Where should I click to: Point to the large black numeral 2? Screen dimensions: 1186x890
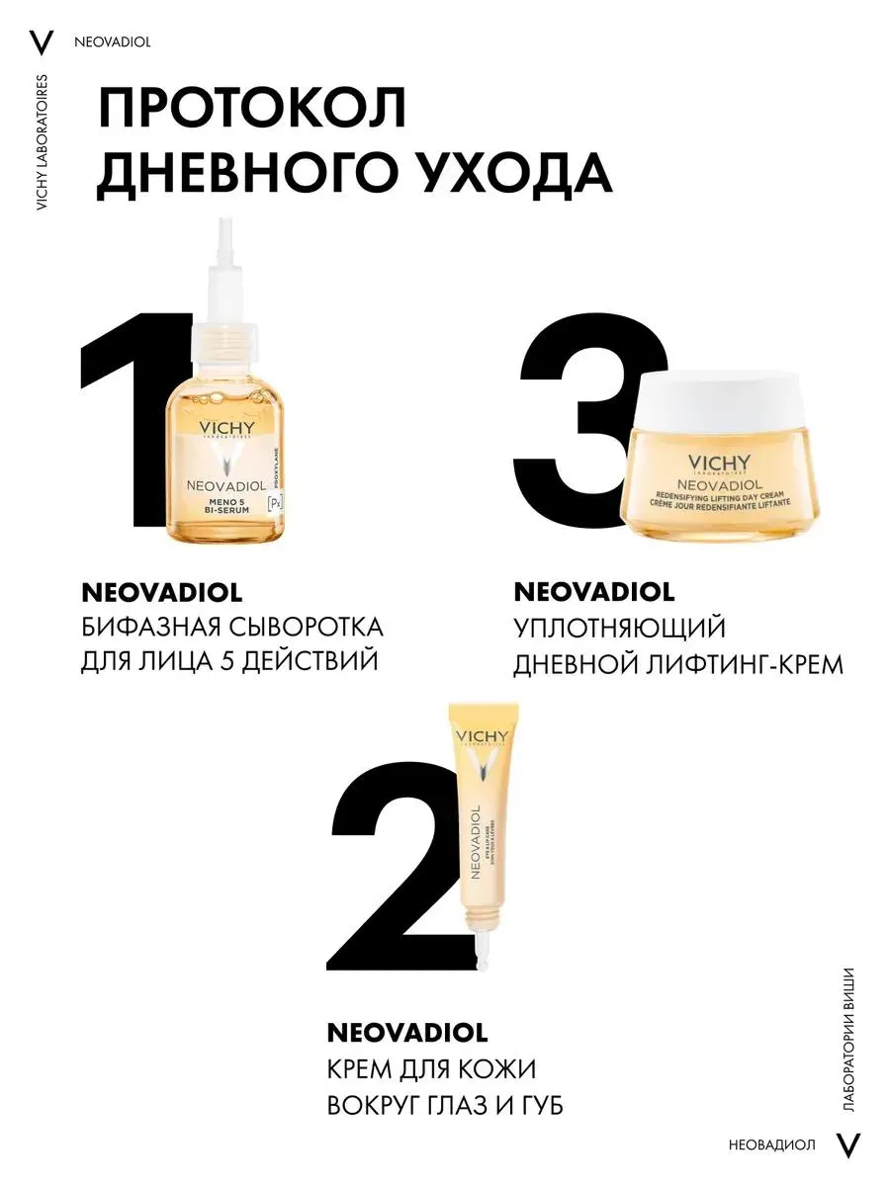[396, 880]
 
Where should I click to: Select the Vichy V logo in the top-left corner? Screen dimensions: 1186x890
[41, 42]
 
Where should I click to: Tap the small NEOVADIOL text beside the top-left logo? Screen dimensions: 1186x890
[111, 42]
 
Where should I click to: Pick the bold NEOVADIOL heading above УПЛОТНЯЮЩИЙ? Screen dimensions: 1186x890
[593, 592]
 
